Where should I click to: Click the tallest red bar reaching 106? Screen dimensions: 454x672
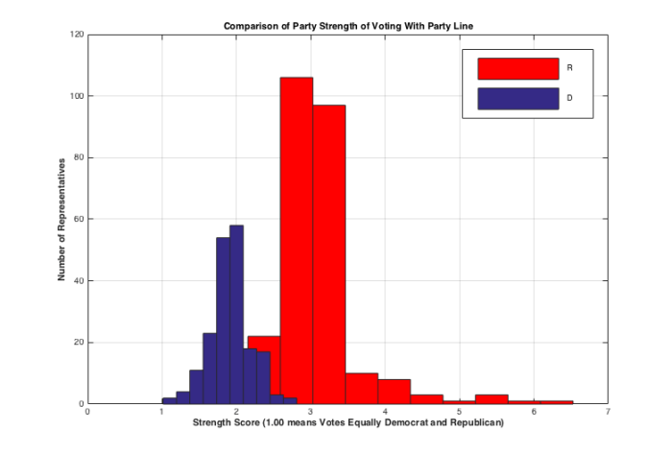[x=296, y=240]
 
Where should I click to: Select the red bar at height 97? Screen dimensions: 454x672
[x=328, y=254]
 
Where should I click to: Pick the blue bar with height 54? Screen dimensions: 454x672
[x=223, y=321]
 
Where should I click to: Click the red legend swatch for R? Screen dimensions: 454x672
[x=517, y=68]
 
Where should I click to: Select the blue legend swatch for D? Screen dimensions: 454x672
[x=517, y=99]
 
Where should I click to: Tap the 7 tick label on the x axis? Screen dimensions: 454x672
[x=608, y=412]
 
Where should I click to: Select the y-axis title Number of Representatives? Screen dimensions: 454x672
[x=61, y=219]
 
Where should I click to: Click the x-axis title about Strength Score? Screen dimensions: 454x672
[x=348, y=422]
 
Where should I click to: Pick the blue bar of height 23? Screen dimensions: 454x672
[x=209, y=369]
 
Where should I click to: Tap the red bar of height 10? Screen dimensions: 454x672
[x=361, y=389]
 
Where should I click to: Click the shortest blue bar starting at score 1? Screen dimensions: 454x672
[x=169, y=400]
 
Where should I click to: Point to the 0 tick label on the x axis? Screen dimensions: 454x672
[x=87, y=412]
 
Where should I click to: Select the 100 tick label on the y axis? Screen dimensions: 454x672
[x=76, y=96]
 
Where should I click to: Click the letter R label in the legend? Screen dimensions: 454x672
[x=570, y=68]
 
